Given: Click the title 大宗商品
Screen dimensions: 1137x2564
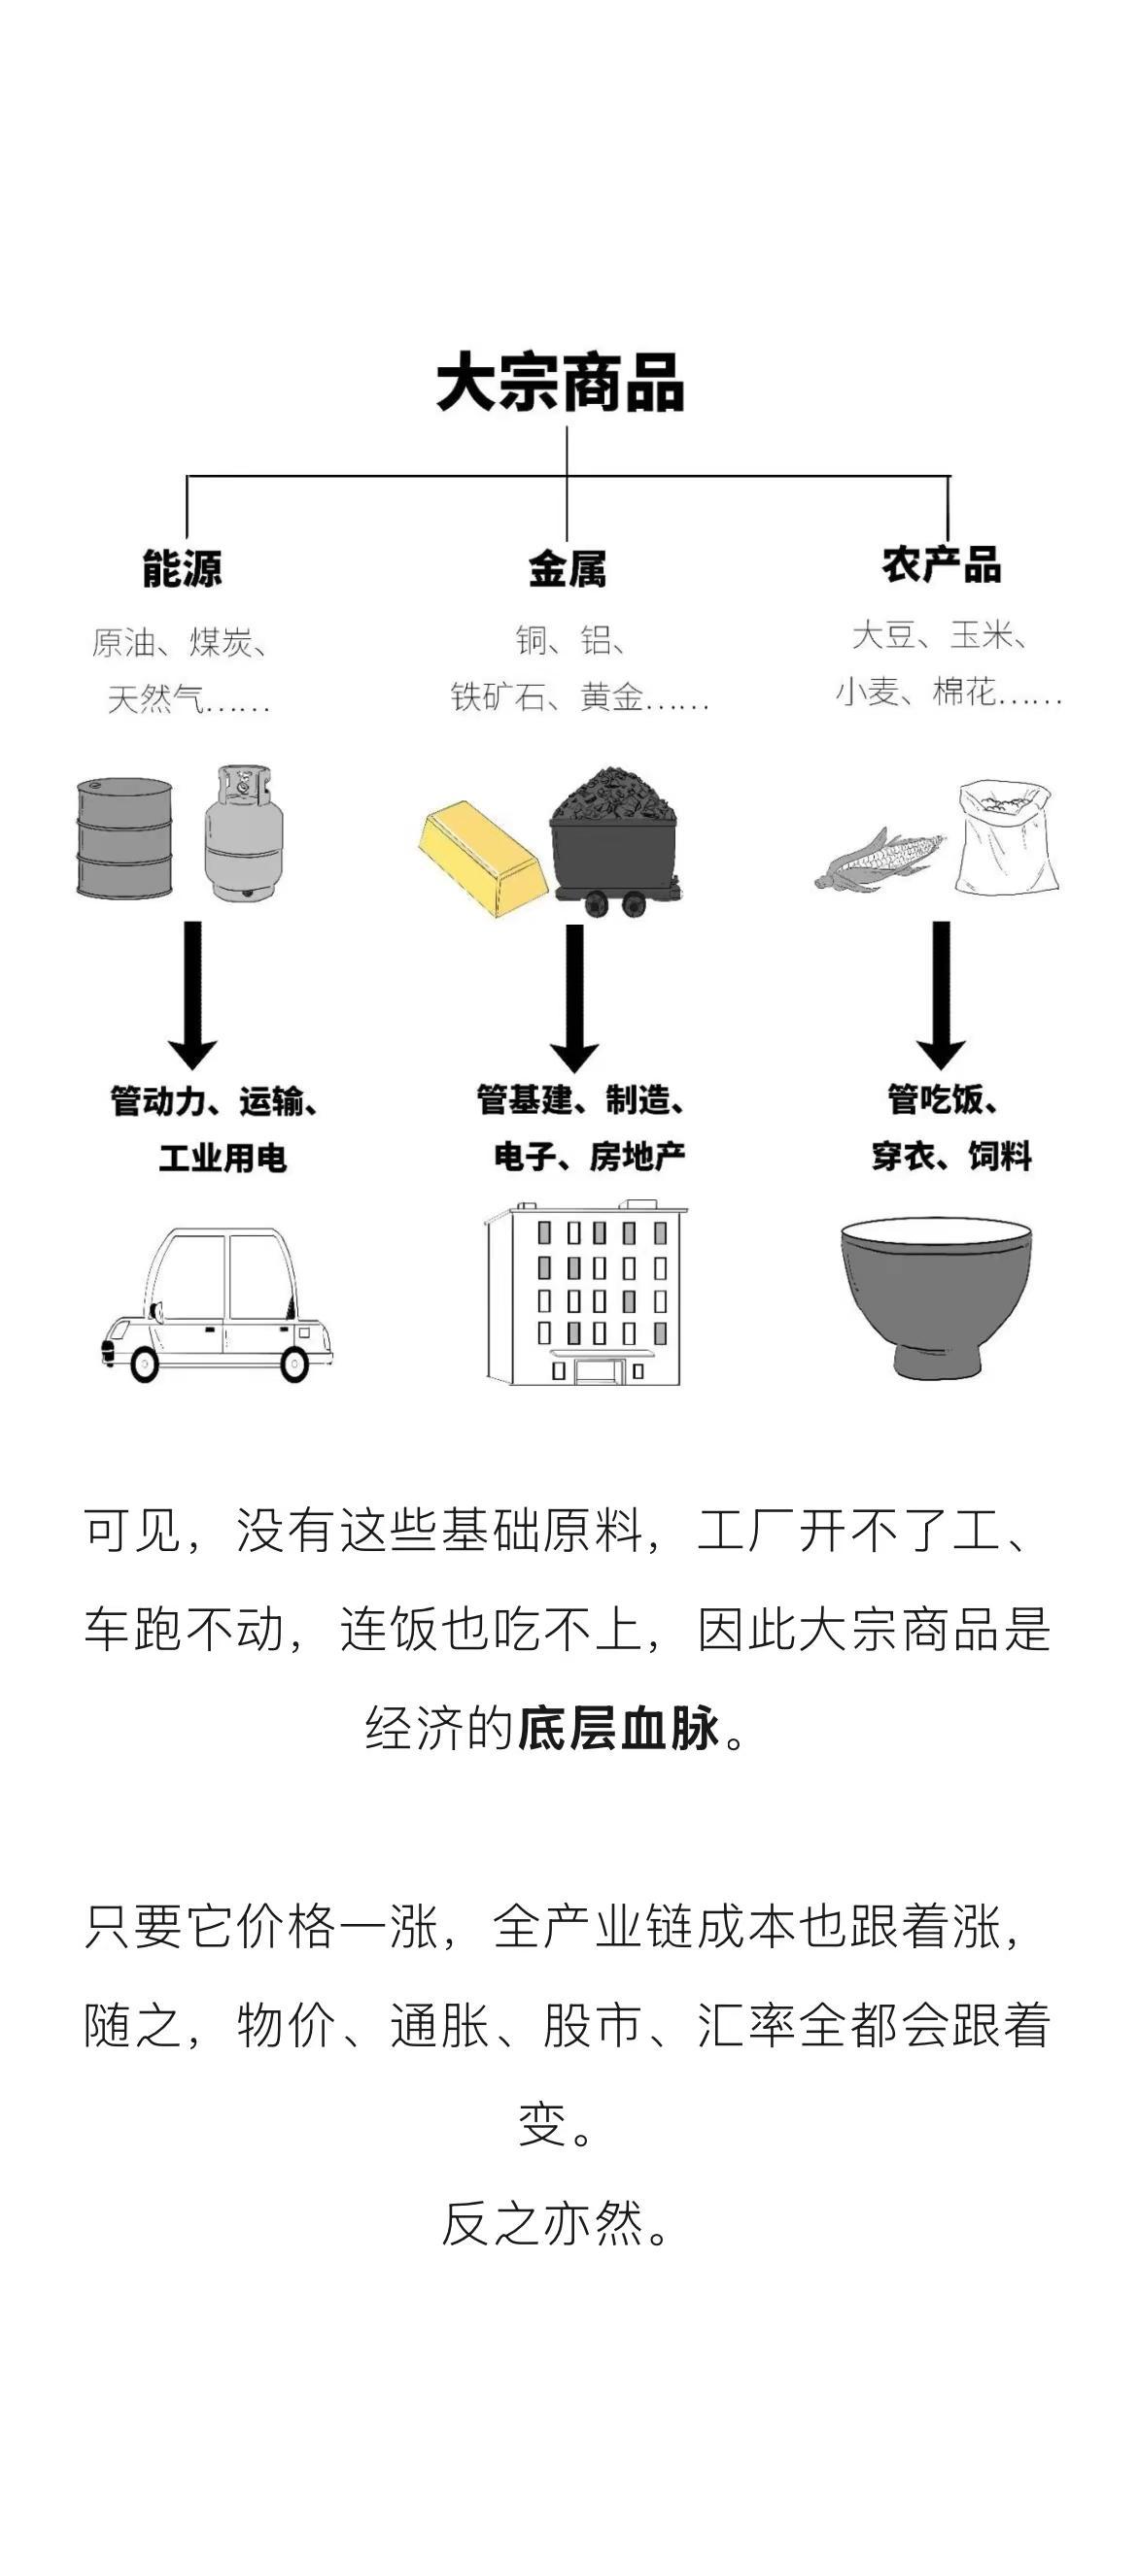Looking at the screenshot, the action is (561, 384).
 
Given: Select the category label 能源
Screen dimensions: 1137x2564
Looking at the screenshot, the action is (182, 568).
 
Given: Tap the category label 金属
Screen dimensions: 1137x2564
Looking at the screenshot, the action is (567, 568).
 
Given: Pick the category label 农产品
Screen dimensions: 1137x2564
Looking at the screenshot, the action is (941, 564).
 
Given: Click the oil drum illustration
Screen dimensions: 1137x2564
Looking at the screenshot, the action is (124, 837).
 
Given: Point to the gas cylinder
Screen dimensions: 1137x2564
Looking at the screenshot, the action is (244, 834).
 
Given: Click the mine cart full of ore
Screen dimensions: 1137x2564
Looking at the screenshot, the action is (616, 841).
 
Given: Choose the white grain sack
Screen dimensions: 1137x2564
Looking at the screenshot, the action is (1005, 835).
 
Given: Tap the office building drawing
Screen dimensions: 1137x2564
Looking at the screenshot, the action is (586, 1295).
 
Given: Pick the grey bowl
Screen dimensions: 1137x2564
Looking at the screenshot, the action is (936, 1297).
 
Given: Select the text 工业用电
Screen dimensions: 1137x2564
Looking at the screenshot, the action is (223, 1158).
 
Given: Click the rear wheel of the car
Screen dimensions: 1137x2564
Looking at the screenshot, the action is (295, 1362).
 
